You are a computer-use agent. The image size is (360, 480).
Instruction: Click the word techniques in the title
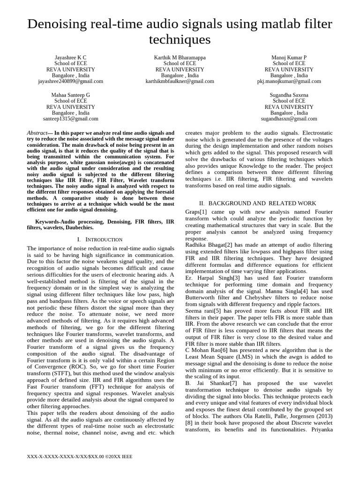click(x=180, y=39)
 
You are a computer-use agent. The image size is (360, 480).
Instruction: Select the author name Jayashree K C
click(x=70, y=57)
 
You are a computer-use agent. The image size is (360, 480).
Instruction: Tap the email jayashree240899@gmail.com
click(x=70, y=81)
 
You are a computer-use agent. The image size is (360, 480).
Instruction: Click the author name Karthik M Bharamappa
click(x=180, y=57)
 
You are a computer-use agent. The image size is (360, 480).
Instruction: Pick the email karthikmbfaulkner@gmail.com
click(x=180, y=81)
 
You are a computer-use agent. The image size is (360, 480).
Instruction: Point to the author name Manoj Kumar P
click(x=289, y=57)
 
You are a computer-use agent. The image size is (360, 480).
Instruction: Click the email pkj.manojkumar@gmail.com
click(x=289, y=81)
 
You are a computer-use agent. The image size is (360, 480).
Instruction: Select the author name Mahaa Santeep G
click(x=70, y=95)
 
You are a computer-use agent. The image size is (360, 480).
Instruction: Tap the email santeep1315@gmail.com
click(x=70, y=119)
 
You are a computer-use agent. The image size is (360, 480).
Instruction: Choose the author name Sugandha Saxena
click(x=289, y=95)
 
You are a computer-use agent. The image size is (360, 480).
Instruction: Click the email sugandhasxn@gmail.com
click(x=289, y=119)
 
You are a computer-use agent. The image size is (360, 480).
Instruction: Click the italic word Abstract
click(x=37, y=133)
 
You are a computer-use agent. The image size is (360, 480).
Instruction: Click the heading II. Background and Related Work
click(x=257, y=203)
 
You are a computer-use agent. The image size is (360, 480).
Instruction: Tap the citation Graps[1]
click(x=196, y=212)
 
